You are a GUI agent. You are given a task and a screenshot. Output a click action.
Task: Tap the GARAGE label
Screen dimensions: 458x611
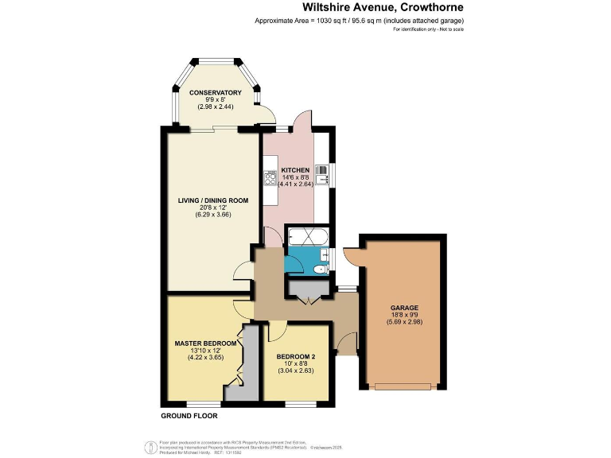pyautogui.click(x=404, y=308)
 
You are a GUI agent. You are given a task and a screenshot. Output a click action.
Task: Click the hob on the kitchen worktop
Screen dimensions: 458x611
pyautogui.click(x=269, y=179)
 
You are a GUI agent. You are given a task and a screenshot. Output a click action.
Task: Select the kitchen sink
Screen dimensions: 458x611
pyautogui.click(x=322, y=173)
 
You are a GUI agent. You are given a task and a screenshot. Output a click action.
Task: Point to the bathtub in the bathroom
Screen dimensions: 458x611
pyautogui.click(x=305, y=236)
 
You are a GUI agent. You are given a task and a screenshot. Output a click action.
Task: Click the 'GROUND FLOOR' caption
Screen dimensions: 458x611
pyautogui.click(x=189, y=415)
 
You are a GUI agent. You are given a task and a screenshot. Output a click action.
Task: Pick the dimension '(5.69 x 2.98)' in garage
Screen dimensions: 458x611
pyautogui.click(x=404, y=321)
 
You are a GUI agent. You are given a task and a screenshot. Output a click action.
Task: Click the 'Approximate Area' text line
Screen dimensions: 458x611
pyautogui.click(x=359, y=21)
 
